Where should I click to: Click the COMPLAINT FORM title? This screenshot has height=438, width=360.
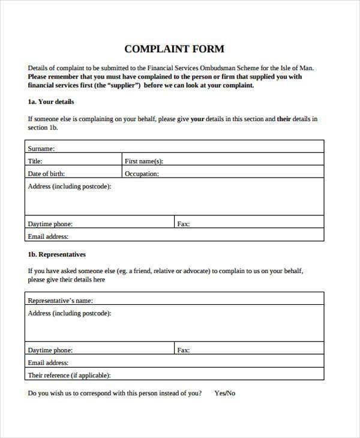pyautogui.click(x=174, y=48)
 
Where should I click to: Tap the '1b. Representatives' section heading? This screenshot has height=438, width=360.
pyautogui.click(x=57, y=254)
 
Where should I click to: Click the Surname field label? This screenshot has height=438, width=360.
pyautogui.click(x=41, y=148)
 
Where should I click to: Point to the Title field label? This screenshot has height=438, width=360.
pyautogui.click(x=35, y=161)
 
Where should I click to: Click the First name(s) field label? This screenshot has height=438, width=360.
pyautogui.click(x=143, y=161)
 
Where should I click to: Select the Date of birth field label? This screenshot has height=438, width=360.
pyautogui.click(x=46, y=174)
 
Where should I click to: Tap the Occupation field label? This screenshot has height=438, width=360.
pyautogui.click(x=142, y=174)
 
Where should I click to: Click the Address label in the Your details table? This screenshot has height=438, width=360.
pyautogui.click(x=69, y=187)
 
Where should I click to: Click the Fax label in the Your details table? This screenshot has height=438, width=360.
pyautogui.click(x=183, y=224)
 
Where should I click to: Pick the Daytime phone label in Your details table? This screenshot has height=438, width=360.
pyautogui.click(x=50, y=224)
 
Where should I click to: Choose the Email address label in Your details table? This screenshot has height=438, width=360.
pyautogui.click(x=47, y=237)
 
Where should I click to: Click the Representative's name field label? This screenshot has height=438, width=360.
pyautogui.click(x=60, y=301)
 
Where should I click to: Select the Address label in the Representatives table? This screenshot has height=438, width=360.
pyautogui.click(x=69, y=313)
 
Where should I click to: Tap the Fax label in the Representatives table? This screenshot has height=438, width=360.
pyautogui.click(x=183, y=350)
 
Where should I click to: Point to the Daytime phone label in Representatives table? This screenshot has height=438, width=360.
pyautogui.click(x=50, y=350)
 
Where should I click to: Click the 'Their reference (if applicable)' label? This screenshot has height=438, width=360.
pyautogui.click(x=69, y=376)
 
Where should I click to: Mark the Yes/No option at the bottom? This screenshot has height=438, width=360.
pyautogui.click(x=225, y=394)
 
